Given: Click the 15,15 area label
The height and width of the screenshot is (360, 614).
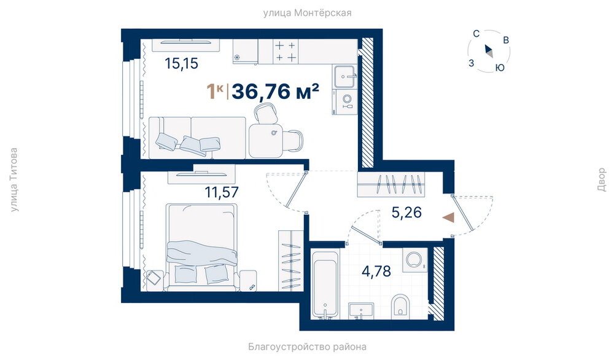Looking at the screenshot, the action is coord(181,63).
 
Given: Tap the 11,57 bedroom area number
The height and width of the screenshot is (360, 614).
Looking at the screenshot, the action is coord(221,192).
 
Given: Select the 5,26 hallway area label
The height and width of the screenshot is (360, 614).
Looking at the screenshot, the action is coord(406,213).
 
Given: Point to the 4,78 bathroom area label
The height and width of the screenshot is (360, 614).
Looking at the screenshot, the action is coord(376,271).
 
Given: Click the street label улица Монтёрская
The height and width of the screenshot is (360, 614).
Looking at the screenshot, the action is coord(307,13).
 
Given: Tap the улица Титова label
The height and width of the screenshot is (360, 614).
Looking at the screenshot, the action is coord(14,180).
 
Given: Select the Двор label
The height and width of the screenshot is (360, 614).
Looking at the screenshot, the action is coord(602,180).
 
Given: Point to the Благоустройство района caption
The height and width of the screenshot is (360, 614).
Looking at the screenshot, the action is coord(307,346).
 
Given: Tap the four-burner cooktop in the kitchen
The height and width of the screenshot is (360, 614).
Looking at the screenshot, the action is coord(286,52).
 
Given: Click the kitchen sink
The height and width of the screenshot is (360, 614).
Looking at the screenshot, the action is coord(345,76).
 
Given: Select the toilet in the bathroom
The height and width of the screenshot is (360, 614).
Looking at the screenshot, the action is coord(400,304).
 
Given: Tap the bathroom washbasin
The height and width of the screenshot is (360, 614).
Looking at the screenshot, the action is coord(360,311).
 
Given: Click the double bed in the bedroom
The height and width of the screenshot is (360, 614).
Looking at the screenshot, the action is coord(201,248).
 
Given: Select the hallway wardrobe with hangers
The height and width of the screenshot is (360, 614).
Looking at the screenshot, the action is coord(392,185).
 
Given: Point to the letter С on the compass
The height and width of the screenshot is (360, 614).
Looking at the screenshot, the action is coord(476,34).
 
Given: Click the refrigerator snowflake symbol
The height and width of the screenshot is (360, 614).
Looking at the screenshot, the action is coord(237,58).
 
